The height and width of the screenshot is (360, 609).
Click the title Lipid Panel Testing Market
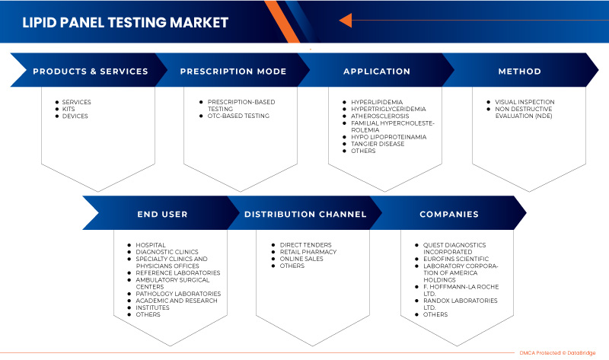tap(125, 23)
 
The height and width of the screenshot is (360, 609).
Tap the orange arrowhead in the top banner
tap(346, 21)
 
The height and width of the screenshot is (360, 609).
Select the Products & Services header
tap(91, 72)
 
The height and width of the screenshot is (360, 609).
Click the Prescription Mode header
tap(233, 72)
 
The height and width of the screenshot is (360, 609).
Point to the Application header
tap(377, 72)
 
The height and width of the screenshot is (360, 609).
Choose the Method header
tap(520, 72)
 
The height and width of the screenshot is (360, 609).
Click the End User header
tap(162, 215)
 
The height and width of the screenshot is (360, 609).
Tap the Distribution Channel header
tap(305, 215)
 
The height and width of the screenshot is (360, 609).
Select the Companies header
tap(449, 215)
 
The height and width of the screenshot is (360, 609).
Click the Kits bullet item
tap(69, 109)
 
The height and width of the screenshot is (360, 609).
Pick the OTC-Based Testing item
tap(238, 116)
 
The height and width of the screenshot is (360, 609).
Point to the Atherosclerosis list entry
tap(380, 116)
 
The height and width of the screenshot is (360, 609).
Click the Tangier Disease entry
tap(378, 144)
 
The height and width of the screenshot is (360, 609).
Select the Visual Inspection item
tap(525, 102)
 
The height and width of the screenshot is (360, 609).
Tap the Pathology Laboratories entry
tap(178, 294)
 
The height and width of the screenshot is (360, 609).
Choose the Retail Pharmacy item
tap(308, 252)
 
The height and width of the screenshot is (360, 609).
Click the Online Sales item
tap(301, 259)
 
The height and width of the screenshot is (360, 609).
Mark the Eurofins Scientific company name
tap(456, 259)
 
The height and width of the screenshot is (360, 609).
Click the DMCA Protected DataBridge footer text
tap(557, 353)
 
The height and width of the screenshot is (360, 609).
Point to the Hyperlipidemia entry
tap(377, 102)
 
